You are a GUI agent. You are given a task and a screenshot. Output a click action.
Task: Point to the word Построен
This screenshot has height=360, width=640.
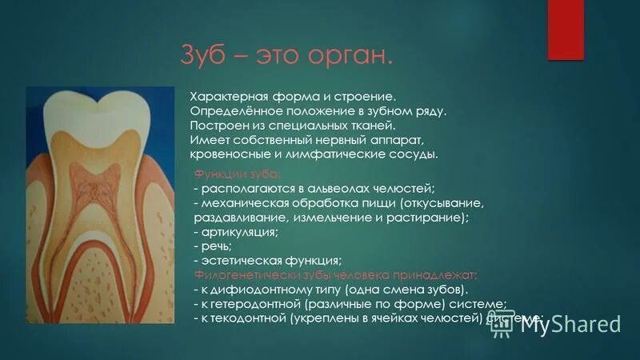pos(214,126)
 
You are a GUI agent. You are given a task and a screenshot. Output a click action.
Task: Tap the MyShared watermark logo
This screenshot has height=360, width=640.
pos(569,323)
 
